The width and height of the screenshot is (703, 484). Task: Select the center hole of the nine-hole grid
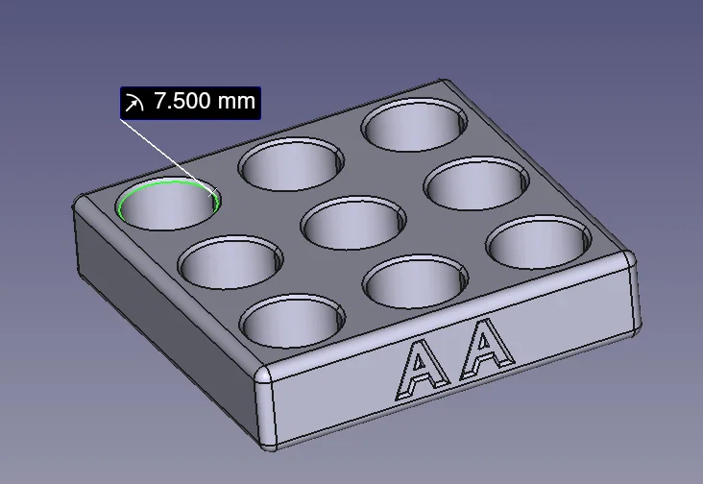(351, 223)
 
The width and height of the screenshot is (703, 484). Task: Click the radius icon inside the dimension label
(135, 102)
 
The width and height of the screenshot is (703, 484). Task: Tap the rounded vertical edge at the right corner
(631, 297)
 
